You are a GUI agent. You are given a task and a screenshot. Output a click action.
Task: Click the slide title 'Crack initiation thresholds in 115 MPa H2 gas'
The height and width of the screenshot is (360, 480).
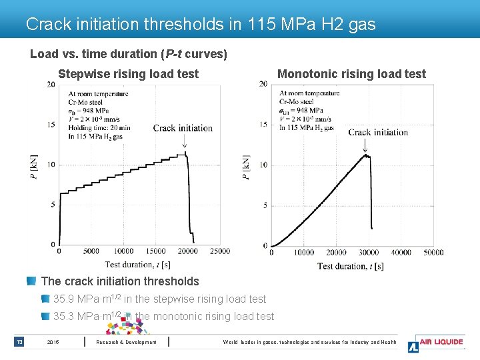(201, 25)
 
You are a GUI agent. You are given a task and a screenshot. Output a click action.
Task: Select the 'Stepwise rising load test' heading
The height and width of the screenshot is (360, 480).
(128, 74)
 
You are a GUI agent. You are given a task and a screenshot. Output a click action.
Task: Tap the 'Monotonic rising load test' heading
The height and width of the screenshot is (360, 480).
(351, 74)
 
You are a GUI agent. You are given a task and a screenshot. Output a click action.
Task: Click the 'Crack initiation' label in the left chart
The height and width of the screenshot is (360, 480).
(183, 128)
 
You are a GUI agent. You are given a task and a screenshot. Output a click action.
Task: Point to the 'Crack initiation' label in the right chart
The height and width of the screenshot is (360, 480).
(378, 132)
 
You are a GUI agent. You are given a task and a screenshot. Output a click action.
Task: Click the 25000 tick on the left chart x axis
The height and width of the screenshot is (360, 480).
(219, 251)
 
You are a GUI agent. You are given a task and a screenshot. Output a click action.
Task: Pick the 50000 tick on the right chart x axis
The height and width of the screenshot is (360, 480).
(433, 253)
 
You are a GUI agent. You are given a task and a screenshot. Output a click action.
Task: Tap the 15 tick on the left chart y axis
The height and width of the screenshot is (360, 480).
(51, 125)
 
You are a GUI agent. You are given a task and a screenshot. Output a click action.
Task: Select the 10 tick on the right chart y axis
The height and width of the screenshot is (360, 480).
(263, 165)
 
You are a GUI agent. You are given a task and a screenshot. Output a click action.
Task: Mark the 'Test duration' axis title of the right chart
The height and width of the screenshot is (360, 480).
(350, 266)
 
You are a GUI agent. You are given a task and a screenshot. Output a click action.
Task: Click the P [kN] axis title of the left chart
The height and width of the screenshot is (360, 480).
(34, 167)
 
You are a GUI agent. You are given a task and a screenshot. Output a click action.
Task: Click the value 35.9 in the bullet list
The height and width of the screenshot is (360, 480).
(65, 299)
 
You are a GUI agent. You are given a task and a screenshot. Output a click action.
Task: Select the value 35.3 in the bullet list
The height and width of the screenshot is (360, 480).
(65, 317)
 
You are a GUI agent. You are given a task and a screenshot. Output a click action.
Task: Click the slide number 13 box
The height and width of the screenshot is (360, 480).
(19, 343)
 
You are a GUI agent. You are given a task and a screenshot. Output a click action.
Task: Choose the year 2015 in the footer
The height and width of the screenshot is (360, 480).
(53, 343)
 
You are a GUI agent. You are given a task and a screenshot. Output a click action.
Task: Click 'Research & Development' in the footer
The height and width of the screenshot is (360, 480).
(127, 343)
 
